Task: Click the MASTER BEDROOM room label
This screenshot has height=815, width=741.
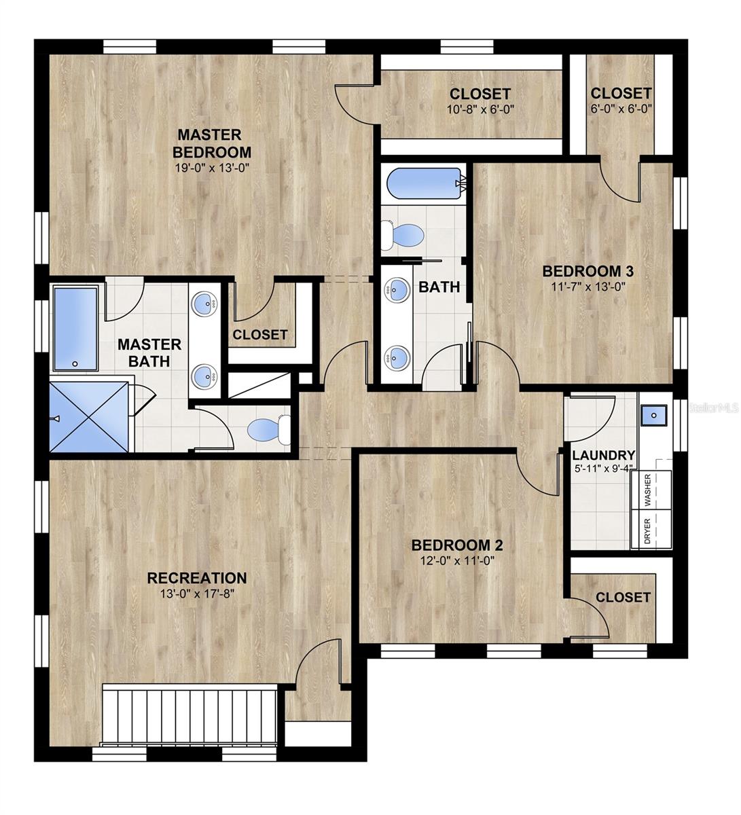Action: tap(213, 143)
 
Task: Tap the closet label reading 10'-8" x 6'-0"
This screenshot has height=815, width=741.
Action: tap(480, 109)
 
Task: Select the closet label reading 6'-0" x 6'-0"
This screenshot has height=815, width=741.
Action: tap(621, 109)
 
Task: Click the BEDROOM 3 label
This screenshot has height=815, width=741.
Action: tap(588, 271)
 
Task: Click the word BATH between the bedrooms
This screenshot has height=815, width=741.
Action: tap(439, 287)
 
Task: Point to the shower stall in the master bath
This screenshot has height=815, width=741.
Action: tap(88, 416)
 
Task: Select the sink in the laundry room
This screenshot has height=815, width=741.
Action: tap(655, 414)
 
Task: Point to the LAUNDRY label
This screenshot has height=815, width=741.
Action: tap(604, 456)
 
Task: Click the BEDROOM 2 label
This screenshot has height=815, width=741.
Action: tap(457, 545)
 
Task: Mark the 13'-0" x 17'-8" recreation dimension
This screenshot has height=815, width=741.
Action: tap(197, 594)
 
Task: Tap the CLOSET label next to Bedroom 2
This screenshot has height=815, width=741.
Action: tap(623, 597)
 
